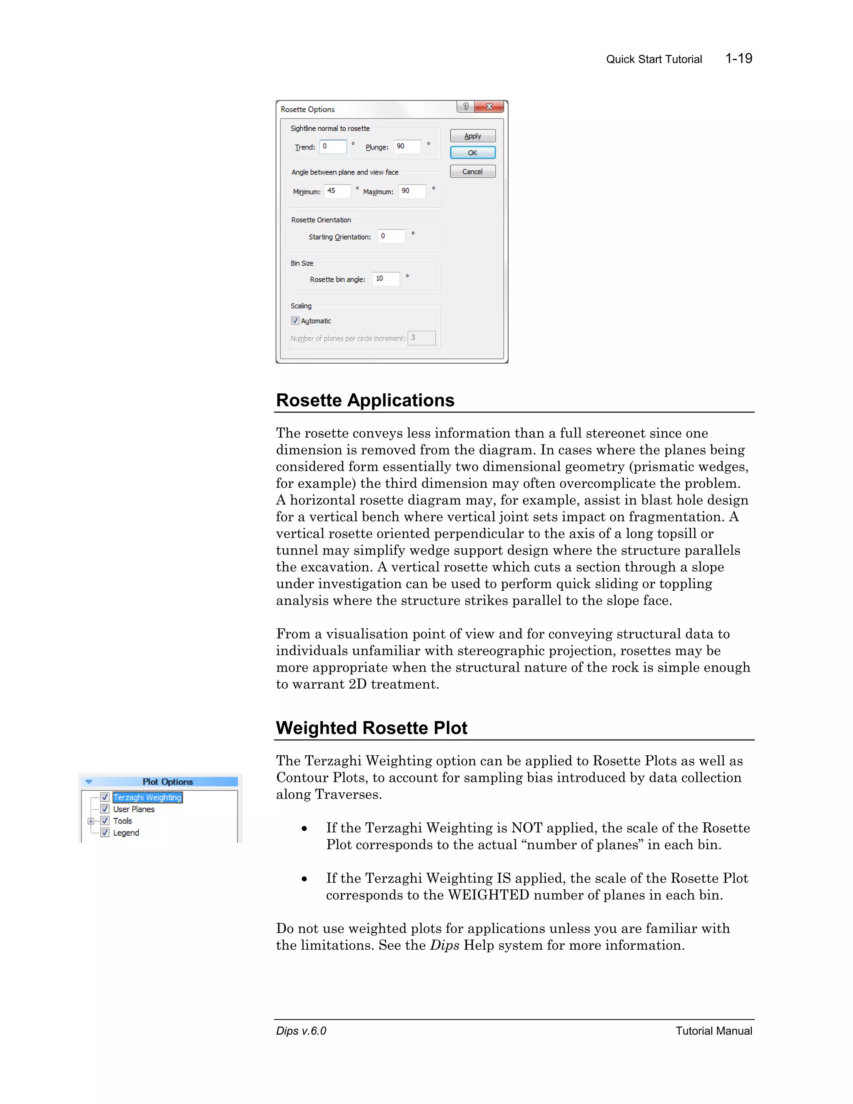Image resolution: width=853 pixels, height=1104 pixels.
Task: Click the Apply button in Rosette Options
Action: pos(472,136)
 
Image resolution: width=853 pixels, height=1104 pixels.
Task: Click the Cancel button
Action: pos(472,171)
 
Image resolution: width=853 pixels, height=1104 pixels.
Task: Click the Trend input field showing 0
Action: pos(334,147)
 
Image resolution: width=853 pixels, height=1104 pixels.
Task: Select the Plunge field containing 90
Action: pos(407,147)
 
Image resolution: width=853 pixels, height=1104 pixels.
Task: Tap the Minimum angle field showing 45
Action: pos(337,191)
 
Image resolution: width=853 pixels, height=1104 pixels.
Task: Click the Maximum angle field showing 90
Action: pos(412,191)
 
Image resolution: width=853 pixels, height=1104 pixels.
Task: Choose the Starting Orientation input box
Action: pos(392,236)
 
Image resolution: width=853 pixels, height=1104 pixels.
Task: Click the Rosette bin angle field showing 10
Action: pos(386,279)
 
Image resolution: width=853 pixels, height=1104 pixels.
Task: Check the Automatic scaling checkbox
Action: pos(295,320)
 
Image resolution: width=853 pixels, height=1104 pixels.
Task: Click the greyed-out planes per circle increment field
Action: pos(422,338)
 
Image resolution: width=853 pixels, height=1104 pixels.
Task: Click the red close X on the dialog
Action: pos(489,107)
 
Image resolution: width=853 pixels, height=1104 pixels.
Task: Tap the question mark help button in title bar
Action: pos(465,107)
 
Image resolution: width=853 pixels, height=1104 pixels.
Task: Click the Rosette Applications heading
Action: pos(365,400)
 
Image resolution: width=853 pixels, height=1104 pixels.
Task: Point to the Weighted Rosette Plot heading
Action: pos(372,728)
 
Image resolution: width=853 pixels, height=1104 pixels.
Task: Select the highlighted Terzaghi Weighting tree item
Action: pos(147,797)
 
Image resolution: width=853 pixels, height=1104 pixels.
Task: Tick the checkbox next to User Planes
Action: pos(105,809)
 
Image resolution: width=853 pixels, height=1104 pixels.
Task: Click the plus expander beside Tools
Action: pos(91,821)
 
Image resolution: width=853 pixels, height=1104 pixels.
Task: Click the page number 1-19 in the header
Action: pos(738,59)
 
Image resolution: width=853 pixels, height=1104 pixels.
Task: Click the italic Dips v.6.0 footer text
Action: pos(301,1031)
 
